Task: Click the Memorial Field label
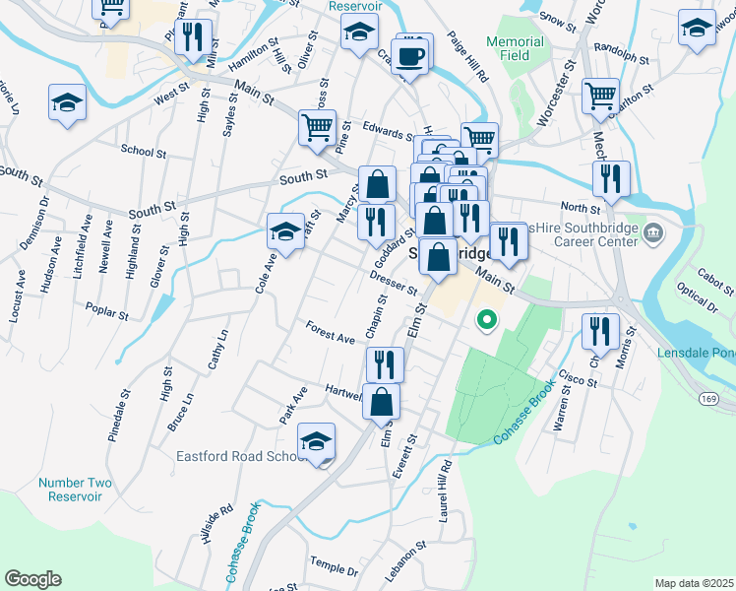[x=515, y=48]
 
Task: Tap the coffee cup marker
[x=410, y=55]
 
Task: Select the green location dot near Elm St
[x=485, y=319]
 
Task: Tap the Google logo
[x=33, y=578]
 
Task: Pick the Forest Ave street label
[x=330, y=332]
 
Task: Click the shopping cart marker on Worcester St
[x=600, y=96]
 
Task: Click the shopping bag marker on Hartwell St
[x=384, y=399]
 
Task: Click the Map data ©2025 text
[x=695, y=583]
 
